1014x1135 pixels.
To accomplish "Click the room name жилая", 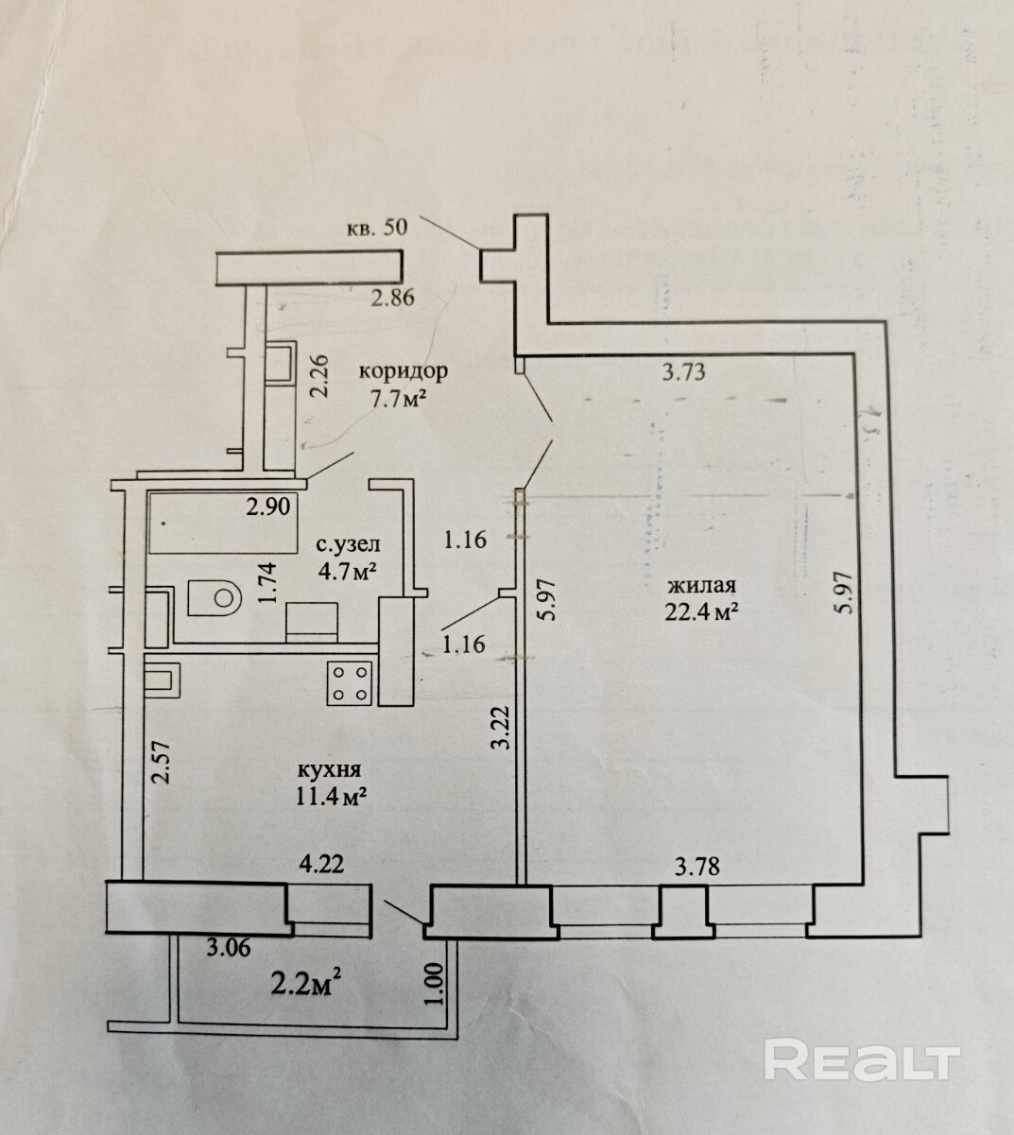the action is [x=700, y=585].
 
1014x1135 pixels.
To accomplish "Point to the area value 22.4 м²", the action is [x=701, y=613].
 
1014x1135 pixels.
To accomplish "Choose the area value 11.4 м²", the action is [x=331, y=796].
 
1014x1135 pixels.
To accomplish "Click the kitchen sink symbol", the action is [x=163, y=678].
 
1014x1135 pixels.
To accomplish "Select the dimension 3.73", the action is [x=683, y=372].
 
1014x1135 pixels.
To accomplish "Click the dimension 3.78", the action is [x=697, y=867].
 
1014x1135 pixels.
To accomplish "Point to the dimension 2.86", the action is [x=393, y=299].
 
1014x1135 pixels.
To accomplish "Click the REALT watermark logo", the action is [x=862, y=1060].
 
